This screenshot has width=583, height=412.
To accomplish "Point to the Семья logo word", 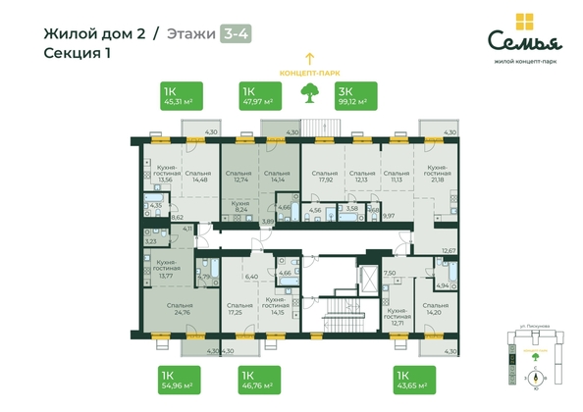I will tap(525, 40).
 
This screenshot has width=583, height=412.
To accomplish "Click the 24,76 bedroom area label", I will tap(179, 312).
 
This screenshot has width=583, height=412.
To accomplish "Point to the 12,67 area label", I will tap(450, 250).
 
